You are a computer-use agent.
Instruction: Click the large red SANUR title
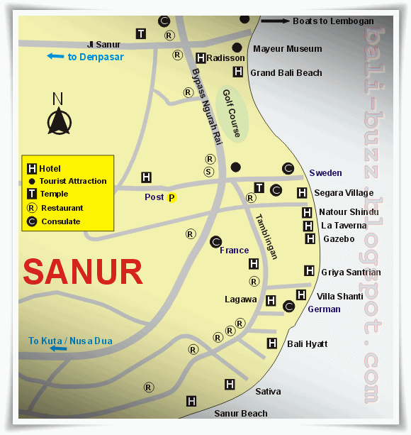point(83,272)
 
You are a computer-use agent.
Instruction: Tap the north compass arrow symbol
point(58,122)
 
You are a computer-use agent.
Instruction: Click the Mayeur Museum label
point(287,49)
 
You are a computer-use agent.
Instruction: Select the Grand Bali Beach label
point(286,72)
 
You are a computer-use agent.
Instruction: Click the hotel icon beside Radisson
point(201,58)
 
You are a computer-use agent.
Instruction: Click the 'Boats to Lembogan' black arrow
point(275,21)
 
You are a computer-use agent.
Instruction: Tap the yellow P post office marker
point(171,198)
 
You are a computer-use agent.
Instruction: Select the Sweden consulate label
point(325,172)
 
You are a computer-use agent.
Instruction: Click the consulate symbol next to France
point(215,242)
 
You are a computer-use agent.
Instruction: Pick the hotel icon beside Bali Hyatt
point(272,343)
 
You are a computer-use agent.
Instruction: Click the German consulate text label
point(324,309)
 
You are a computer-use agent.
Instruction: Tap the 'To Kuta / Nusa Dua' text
point(70,341)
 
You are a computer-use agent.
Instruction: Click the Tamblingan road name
point(266,236)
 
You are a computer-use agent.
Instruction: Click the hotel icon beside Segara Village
point(302,192)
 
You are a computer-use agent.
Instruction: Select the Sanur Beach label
point(242,413)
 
